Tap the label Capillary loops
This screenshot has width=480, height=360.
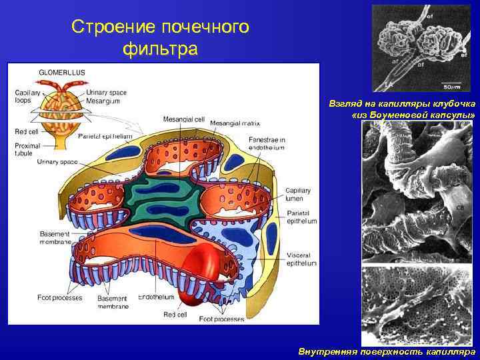pyautogui.click(x=27, y=96)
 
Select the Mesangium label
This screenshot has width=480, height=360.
pyautogui.click(x=103, y=101)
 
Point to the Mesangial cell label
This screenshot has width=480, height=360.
pyautogui.click(x=183, y=119)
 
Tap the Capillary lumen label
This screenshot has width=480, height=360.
pyautogui.click(x=297, y=195)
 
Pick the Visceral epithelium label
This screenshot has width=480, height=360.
pyautogui.click(x=302, y=259)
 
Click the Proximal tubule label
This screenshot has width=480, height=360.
pyautogui.click(x=27, y=149)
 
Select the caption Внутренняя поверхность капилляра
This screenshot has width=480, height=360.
pyautogui.click(x=387, y=351)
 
